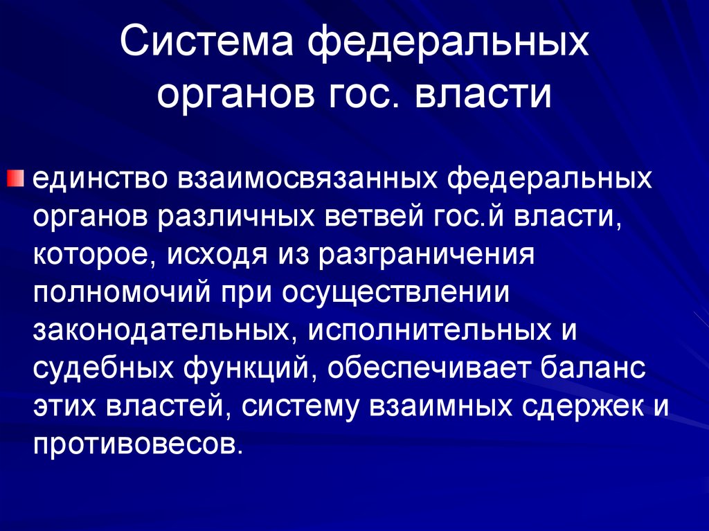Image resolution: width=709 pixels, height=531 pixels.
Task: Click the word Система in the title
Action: point(205,45)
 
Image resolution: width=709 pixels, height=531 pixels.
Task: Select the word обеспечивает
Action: point(429,368)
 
